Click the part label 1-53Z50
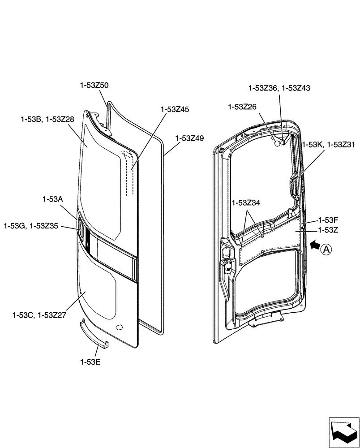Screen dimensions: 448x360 click(x=94, y=85)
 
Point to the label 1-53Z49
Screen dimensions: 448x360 click(x=189, y=138)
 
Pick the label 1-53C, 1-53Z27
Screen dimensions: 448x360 click(x=39, y=315)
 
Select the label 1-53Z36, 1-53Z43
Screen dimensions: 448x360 click(x=279, y=88)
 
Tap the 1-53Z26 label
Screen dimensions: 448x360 click(x=242, y=107)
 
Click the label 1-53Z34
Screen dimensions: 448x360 click(x=246, y=203)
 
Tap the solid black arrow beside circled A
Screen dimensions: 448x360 click(x=315, y=245)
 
